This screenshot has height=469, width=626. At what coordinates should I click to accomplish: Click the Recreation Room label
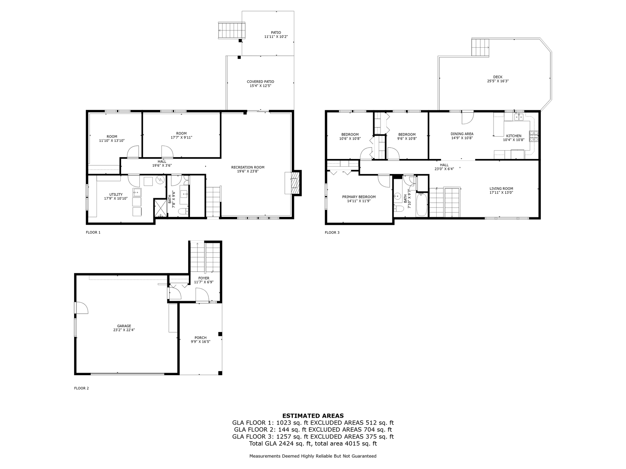pos(248,167)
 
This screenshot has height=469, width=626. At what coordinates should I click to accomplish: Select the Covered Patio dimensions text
pos(260,86)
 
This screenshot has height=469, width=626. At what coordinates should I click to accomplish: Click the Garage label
pos(124,326)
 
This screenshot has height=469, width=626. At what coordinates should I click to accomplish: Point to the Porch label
pos(200,338)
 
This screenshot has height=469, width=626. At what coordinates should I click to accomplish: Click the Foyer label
pos(204,278)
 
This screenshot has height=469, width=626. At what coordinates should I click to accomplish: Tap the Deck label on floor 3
pos(498,77)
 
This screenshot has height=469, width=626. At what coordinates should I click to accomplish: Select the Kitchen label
pos(513,136)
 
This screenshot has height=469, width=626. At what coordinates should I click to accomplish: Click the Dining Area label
pos(462,134)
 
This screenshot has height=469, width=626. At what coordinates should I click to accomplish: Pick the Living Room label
pos(501,188)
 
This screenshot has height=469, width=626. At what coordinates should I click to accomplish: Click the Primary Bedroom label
pos(359,197)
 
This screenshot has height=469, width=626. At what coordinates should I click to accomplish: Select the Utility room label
pos(116,195)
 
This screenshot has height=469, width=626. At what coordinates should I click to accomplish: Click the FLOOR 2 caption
pos(81,388)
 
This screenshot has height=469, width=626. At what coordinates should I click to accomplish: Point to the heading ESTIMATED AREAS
pos(313,416)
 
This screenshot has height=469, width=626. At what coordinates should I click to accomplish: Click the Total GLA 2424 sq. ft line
pos(313,444)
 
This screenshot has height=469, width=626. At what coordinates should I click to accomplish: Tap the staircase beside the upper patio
pos(231,30)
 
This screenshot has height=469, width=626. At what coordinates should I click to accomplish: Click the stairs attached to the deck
pos(480,47)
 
